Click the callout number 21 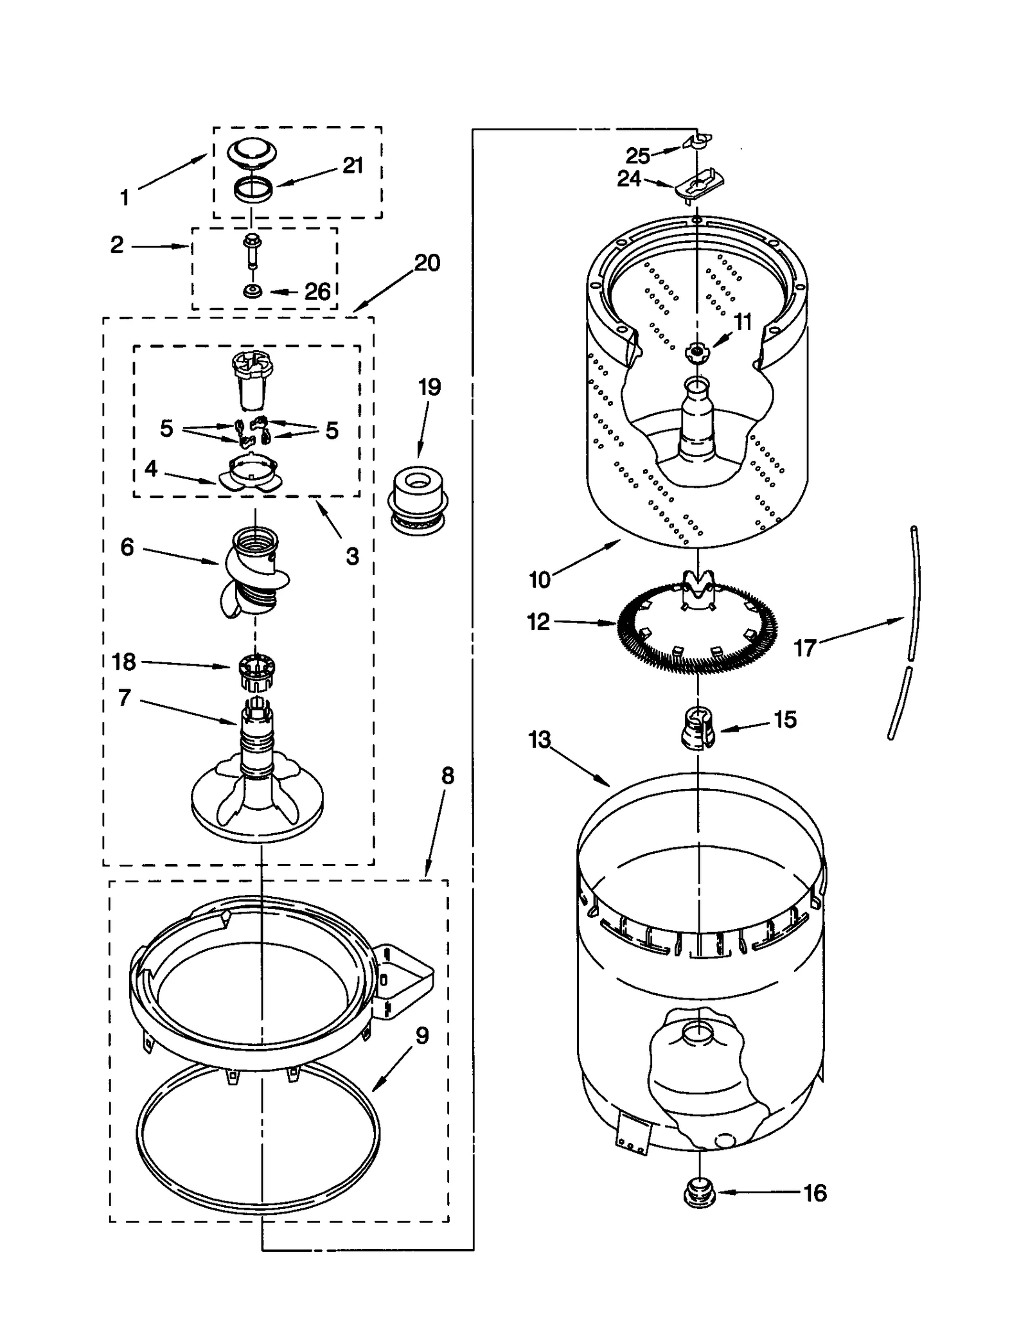[x=353, y=166]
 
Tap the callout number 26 [x=317, y=292]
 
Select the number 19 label [x=429, y=387]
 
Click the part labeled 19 [x=417, y=499]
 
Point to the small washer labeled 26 [x=252, y=292]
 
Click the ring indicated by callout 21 [x=253, y=191]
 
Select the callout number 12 [x=538, y=622]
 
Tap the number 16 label [x=815, y=1194]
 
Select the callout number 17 [x=804, y=648]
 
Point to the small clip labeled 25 [x=697, y=141]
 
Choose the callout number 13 [x=539, y=740]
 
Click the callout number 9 [x=421, y=1036]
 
